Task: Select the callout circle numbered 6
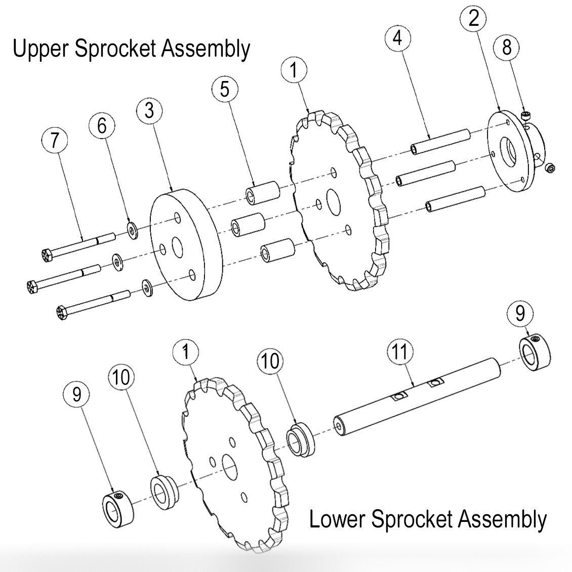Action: pos(102,126)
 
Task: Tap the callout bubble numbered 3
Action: pos(149,110)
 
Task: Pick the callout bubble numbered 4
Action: pos(398,38)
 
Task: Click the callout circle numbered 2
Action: pos(474,19)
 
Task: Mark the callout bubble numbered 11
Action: pos(400,351)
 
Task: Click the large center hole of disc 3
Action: pos(178,248)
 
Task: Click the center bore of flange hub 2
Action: pos(508,150)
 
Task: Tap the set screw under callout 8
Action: pos(526,116)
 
